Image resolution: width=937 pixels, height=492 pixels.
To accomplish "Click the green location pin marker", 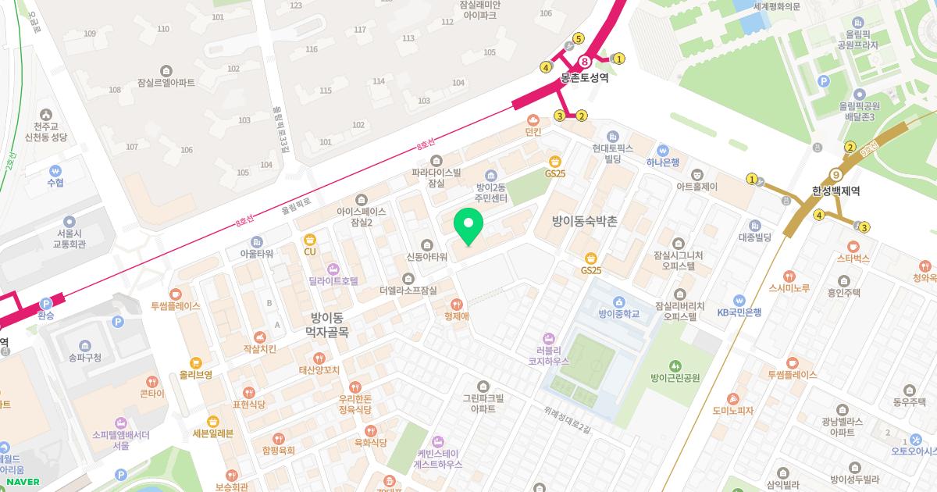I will pyautogui.click(x=468, y=227).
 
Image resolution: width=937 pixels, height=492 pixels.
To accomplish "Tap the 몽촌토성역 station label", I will pyautogui.click(x=584, y=79).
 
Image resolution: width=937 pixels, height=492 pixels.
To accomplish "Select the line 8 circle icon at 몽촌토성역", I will pyautogui.click(x=584, y=62).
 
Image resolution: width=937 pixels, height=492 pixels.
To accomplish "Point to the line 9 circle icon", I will pyautogui.click(x=835, y=175).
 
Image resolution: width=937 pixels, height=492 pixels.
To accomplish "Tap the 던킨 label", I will pyautogui.click(x=533, y=133).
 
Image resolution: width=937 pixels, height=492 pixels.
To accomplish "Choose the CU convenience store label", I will pyautogui.click(x=309, y=251).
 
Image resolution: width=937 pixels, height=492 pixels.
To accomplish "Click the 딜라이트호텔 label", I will pyautogui.click(x=333, y=280).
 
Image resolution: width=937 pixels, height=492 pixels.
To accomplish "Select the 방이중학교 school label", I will pyautogui.click(x=618, y=314).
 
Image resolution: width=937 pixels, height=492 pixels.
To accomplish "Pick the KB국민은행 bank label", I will pyautogui.click(x=739, y=312).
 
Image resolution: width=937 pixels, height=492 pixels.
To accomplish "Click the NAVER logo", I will pyautogui.click(x=23, y=482).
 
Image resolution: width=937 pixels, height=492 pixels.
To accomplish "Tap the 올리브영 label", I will pyautogui.click(x=195, y=375).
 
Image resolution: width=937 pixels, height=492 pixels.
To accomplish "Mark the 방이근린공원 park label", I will pyautogui.click(x=675, y=378).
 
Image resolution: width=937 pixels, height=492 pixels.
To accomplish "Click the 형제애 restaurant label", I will pyautogui.click(x=456, y=316).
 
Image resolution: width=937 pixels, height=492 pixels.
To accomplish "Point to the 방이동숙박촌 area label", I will pyautogui.click(x=584, y=222).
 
